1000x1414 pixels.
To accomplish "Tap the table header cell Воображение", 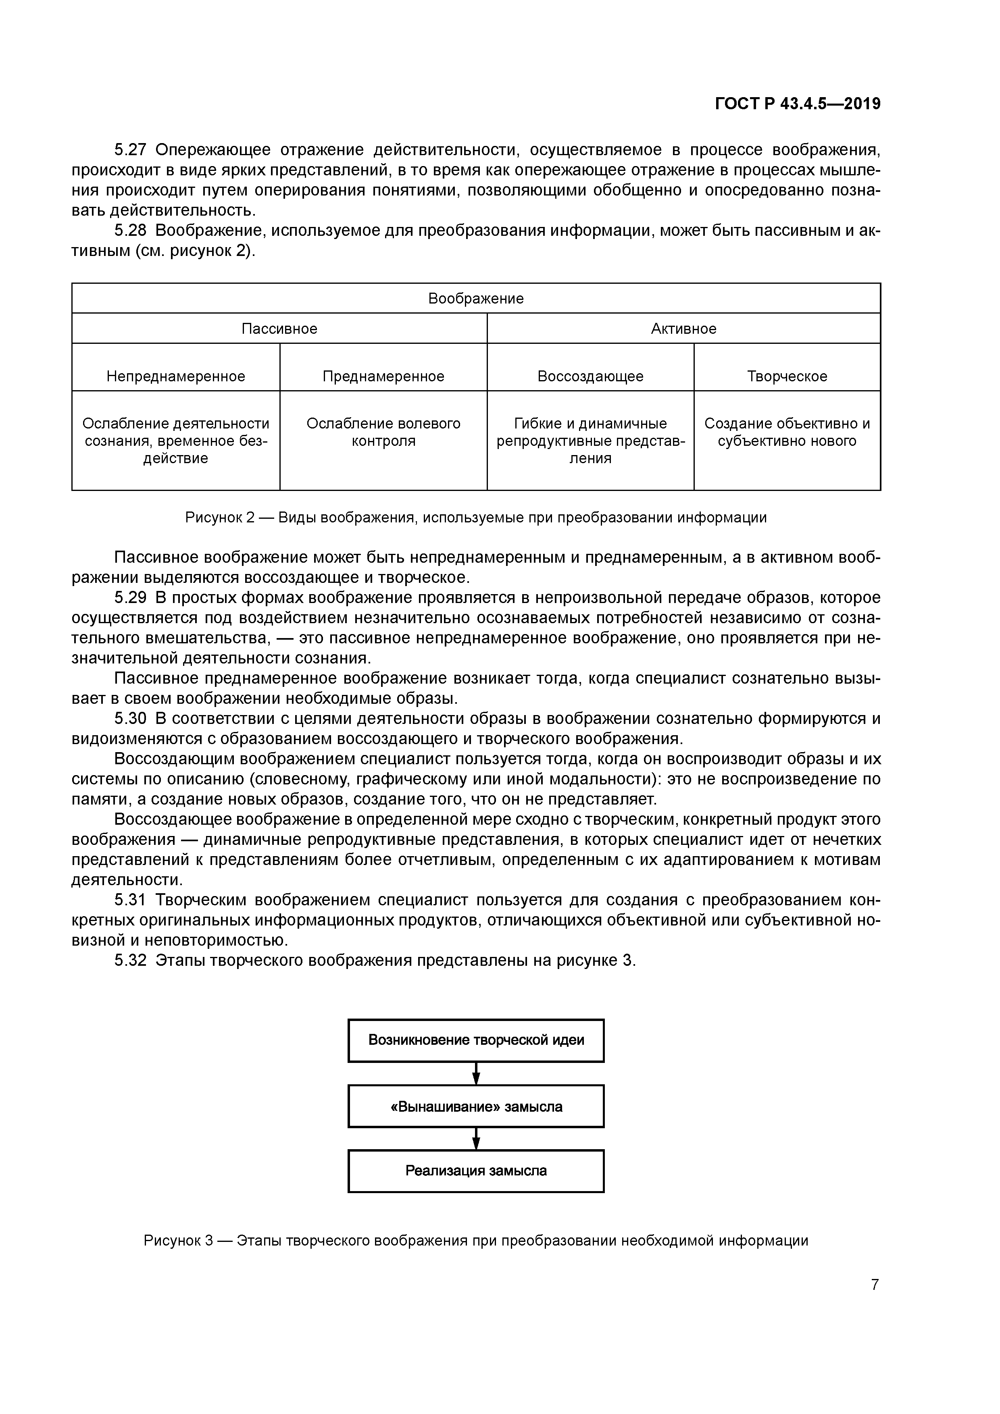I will (476, 299).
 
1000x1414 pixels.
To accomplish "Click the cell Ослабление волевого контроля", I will (383, 433).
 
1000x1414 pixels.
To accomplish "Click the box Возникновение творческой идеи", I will (476, 1040).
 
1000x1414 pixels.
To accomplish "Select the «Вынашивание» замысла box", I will (476, 1107).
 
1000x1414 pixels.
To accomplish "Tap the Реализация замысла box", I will (476, 1171).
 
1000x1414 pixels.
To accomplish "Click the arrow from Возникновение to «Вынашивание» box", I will (476, 1073).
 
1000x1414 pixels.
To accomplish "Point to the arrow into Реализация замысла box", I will (476, 1139).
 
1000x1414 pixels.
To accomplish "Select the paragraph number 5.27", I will (131, 150).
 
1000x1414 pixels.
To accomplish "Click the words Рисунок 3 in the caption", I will (178, 1240).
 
